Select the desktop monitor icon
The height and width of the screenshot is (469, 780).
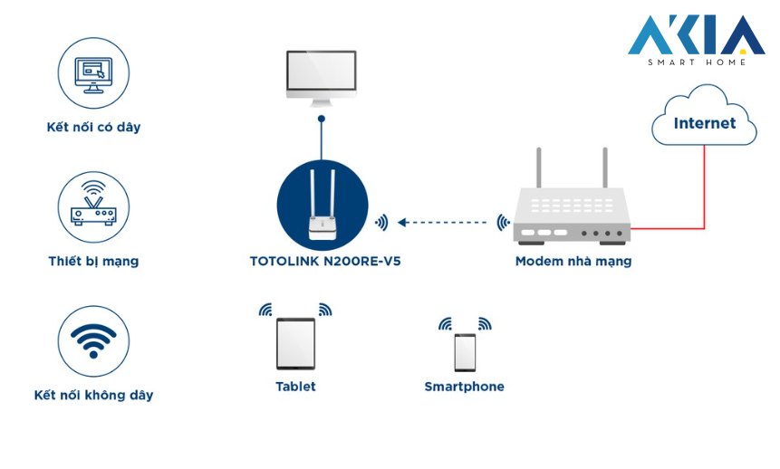click(321, 75)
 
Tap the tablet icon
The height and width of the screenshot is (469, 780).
click(295, 343)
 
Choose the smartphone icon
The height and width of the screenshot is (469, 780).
click(465, 352)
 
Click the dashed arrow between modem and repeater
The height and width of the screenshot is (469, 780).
click(445, 222)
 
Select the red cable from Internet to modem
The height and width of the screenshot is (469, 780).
click(703, 195)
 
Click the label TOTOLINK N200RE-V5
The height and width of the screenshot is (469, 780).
click(324, 261)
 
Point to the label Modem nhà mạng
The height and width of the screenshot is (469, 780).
click(573, 261)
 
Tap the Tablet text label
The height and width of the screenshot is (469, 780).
click(295, 387)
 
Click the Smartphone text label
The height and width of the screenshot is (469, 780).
click(464, 387)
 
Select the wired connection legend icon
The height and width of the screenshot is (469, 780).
click(93, 73)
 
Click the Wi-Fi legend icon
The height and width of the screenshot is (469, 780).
click(93, 341)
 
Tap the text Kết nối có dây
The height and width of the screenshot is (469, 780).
click(93, 127)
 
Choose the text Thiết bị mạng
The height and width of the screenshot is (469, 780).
click(93, 261)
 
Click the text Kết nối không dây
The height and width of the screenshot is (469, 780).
click(93, 395)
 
